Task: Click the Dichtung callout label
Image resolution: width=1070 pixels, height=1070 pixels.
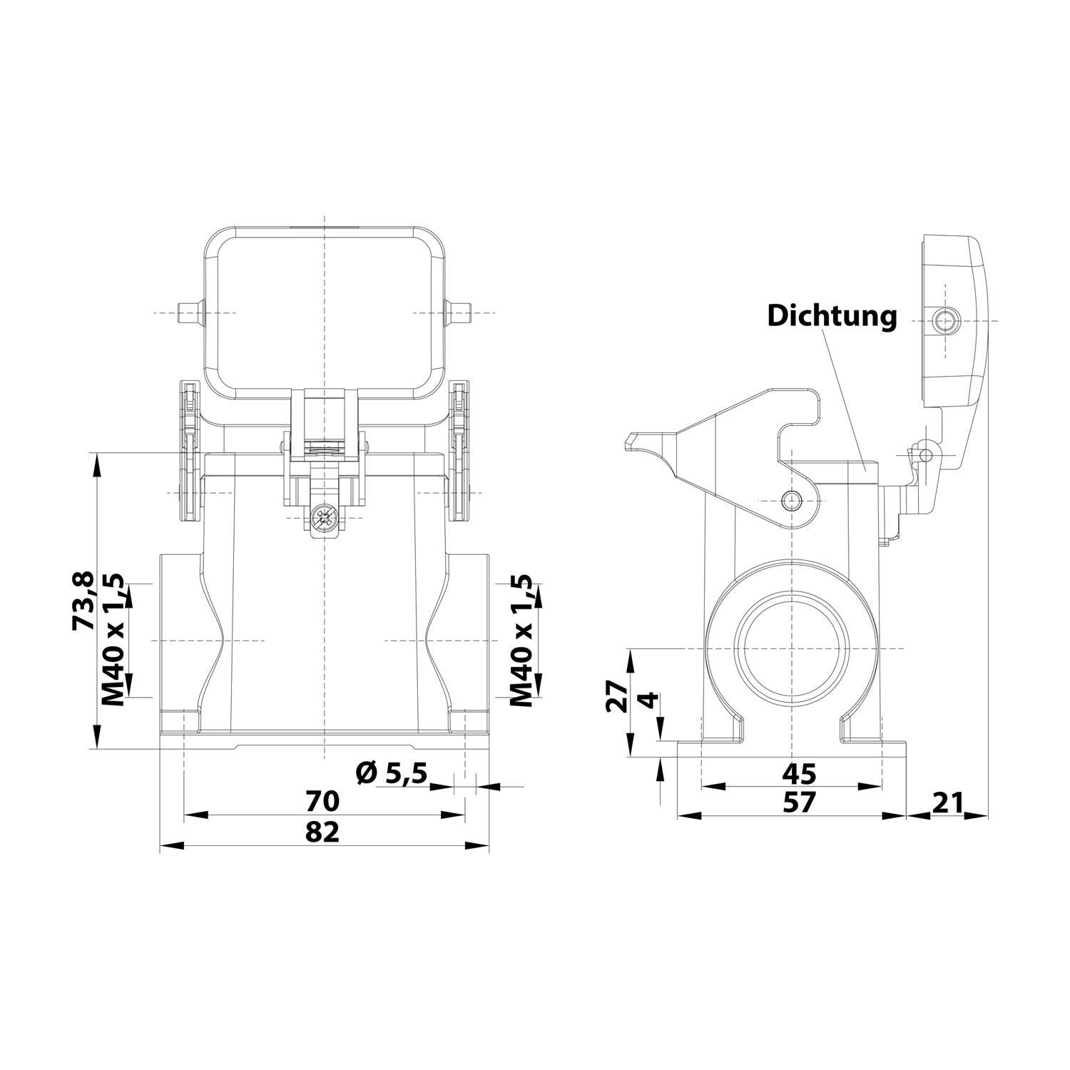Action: pyautogui.click(x=832, y=315)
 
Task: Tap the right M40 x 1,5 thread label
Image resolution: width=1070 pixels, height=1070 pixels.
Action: pyautogui.click(x=524, y=639)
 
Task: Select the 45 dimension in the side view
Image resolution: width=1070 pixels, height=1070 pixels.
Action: pyautogui.click(x=798, y=773)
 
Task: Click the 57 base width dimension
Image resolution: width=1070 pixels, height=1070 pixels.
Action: pyautogui.click(x=798, y=802)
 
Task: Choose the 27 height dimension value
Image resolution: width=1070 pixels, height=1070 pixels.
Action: pyautogui.click(x=616, y=695)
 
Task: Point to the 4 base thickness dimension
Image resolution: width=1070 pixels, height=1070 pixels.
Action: pyautogui.click(x=646, y=700)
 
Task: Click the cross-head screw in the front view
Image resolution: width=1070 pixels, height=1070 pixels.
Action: pyautogui.click(x=325, y=516)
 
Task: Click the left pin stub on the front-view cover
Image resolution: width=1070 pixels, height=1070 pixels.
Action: pyautogui.click(x=187, y=313)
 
